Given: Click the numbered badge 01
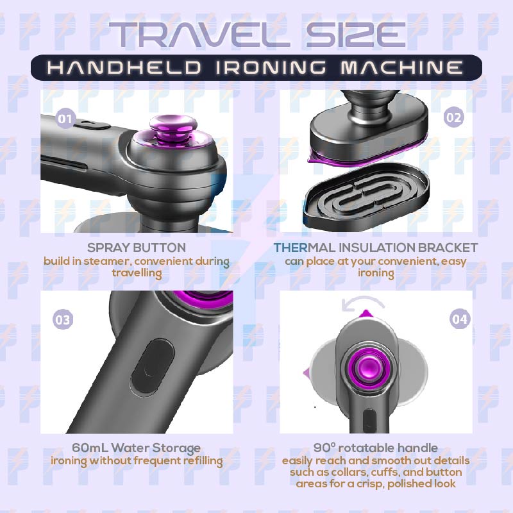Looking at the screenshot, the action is [x=65, y=118].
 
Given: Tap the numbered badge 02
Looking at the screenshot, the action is [x=454, y=117].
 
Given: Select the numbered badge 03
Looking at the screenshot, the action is [x=63, y=319].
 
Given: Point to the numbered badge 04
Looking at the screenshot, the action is [x=460, y=319].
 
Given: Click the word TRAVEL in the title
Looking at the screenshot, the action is [x=199, y=35].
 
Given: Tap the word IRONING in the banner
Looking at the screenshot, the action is [x=271, y=67].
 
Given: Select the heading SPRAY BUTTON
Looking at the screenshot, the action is [x=137, y=248].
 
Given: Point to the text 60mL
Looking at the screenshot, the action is [x=90, y=447].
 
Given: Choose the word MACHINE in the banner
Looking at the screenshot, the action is [x=401, y=67].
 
